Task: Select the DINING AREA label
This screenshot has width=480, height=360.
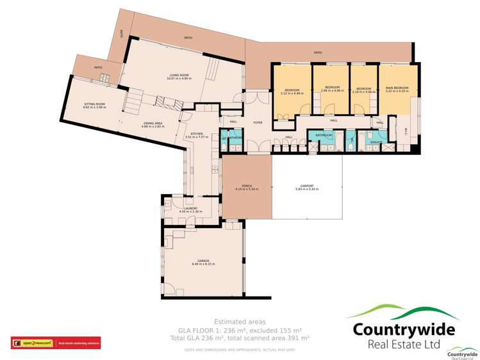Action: point(153,123)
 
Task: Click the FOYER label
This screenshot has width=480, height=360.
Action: point(258,122)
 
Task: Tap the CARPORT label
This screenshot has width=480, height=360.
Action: point(307,186)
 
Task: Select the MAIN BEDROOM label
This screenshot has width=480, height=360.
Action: point(397,88)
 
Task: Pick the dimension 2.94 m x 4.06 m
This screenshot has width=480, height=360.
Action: point(331,90)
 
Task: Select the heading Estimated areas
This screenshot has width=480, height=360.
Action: point(239,322)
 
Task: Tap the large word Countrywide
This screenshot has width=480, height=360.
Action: point(404,330)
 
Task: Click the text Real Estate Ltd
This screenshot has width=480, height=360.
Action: point(404,345)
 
